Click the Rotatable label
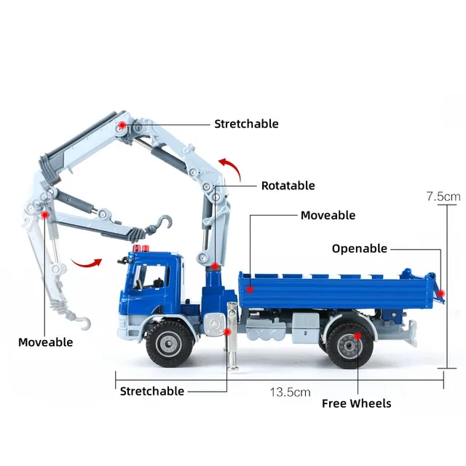point(288,186)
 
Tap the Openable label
point(359,249)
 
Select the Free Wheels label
point(356,403)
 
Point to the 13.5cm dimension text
point(290,392)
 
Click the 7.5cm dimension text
point(443,197)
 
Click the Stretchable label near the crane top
point(246,124)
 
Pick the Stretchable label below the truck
point(152,391)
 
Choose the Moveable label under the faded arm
point(45,342)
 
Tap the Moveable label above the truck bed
point(328,216)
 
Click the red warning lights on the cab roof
point(141,248)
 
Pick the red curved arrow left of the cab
point(86,263)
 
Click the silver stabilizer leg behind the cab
point(232,336)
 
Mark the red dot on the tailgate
point(441,293)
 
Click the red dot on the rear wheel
point(358,336)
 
